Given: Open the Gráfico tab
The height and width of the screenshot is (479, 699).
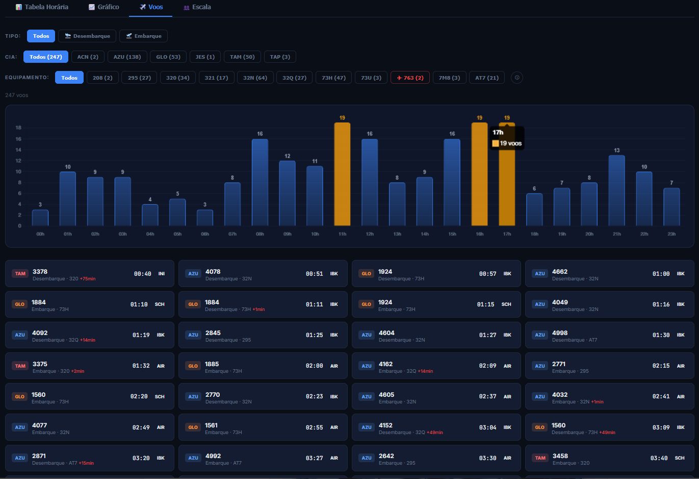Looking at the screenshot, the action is [104, 7].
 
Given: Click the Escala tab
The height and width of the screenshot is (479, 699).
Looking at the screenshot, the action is [197, 7].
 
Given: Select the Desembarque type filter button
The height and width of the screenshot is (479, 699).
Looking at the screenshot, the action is [87, 36].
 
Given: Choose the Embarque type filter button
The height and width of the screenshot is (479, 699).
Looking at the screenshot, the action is [144, 36].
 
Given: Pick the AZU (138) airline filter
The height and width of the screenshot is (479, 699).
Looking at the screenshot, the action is [127, 57].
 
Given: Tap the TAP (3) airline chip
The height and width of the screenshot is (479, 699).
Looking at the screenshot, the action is [280, 57].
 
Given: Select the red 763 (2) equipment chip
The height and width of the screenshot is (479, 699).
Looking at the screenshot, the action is [410, 78].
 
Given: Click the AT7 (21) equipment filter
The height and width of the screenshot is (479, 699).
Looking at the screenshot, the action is [487, 78].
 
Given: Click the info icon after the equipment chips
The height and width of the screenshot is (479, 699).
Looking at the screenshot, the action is [517, 78].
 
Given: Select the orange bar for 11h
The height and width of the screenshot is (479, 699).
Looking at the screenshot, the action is [342, 174].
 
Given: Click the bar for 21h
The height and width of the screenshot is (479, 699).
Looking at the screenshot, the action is [616, 190].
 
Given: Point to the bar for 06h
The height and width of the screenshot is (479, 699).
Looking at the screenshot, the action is [205, 218].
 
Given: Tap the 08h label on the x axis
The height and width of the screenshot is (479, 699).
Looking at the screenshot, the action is [260, 234].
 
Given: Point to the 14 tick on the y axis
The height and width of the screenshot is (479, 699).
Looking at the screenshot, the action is [18, 150].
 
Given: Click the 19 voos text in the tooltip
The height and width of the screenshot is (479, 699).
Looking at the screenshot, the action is [510, 143].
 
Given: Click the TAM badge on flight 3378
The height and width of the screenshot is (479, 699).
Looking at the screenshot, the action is [20, 274].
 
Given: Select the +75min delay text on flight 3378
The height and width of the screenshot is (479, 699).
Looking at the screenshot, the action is [88, 279].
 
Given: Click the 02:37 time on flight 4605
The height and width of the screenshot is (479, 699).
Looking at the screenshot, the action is [487, 396].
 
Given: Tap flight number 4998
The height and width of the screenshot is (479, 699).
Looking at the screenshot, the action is [560, 333].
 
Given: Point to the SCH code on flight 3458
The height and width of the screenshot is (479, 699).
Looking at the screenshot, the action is [679, 458].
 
